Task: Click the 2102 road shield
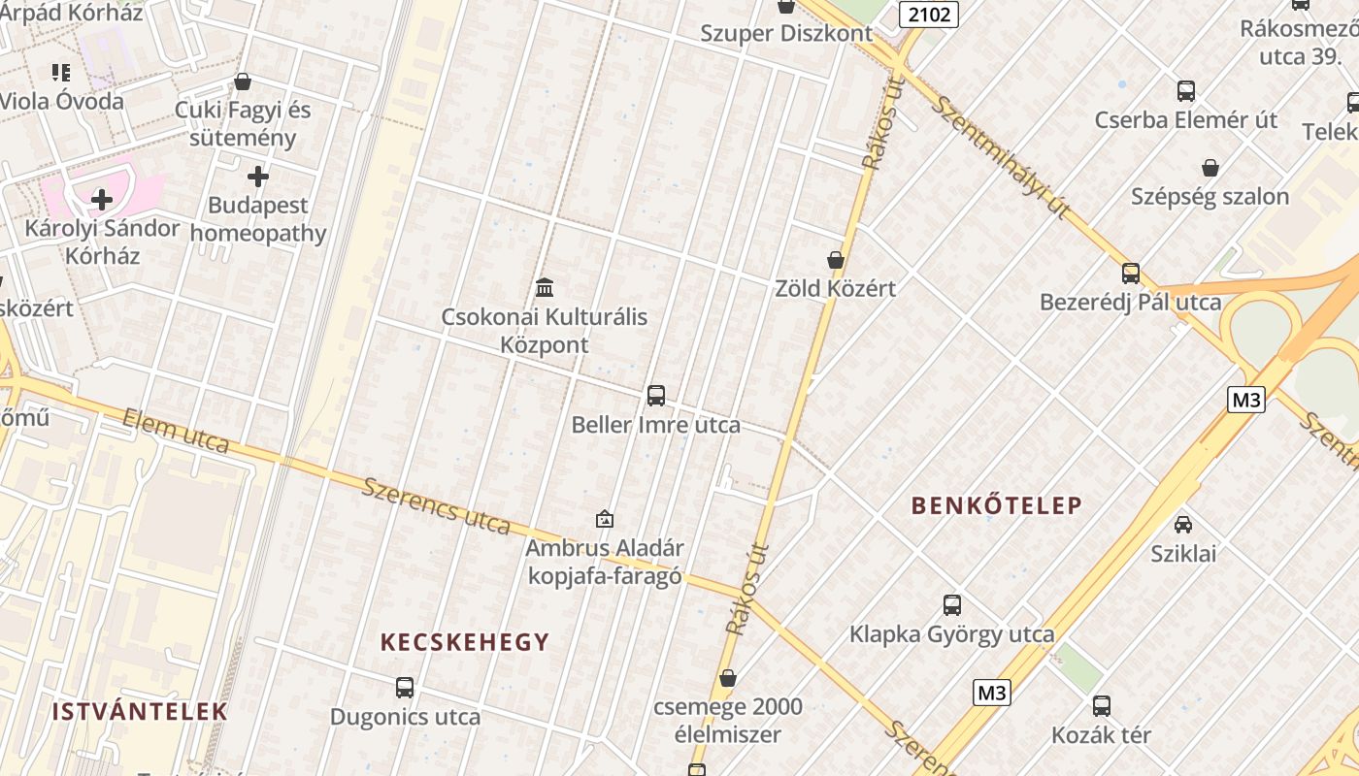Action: point(929,14)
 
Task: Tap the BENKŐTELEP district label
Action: point(996,505)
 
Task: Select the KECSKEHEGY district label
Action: point(465,642)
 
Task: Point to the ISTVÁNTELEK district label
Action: point(140,711)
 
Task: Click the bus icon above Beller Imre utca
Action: point(656,396)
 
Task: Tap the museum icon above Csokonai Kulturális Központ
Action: point(545,288)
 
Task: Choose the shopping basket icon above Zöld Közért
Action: point(836,260)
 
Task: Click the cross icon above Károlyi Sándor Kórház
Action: point(102,200)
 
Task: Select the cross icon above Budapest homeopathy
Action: point(258,177)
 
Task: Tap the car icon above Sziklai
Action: point(1183,525)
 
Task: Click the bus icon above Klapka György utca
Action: point(952,605)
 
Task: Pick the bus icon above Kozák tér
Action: point(1102,706)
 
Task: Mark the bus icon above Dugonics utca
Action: point(405,688)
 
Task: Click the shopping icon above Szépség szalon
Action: point(1210,168)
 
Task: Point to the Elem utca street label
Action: point(176,431)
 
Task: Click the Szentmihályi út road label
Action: point(1000,156)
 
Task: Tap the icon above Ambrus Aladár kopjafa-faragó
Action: point(605,519)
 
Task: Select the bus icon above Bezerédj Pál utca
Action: point(1131,274)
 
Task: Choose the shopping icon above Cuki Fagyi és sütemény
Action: point(243,81)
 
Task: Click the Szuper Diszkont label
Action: point(786,34)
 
